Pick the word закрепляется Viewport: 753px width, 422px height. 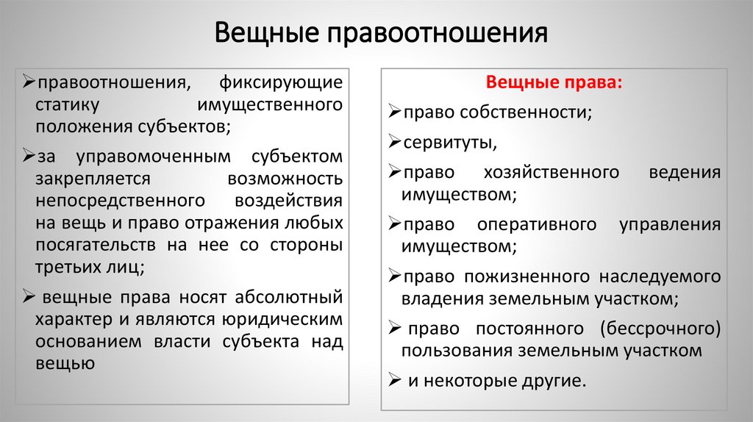click(x=93, y=179)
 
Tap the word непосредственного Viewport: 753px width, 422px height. click(x=119, y=200)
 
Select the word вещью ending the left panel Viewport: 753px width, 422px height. click(x=65, y=362)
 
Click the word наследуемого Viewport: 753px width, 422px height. click(x=659, y=277)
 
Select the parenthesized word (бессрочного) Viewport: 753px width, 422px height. click(x=660, y=328)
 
